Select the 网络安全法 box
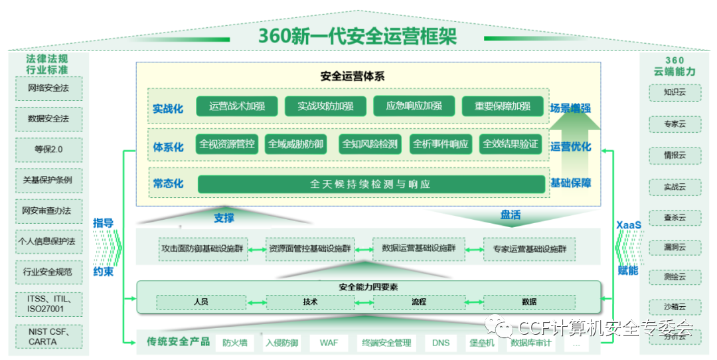48,88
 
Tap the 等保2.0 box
48,149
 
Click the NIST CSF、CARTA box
48,336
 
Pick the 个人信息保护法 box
48,241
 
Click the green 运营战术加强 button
236,106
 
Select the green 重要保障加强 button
503,106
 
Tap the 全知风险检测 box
370,144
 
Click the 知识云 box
674,93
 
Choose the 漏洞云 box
674,247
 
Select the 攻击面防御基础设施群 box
202,248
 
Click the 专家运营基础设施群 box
529,248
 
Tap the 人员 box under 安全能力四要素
201,302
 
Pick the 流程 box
418,302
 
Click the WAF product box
329,343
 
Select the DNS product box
441,343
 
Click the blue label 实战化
167,108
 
